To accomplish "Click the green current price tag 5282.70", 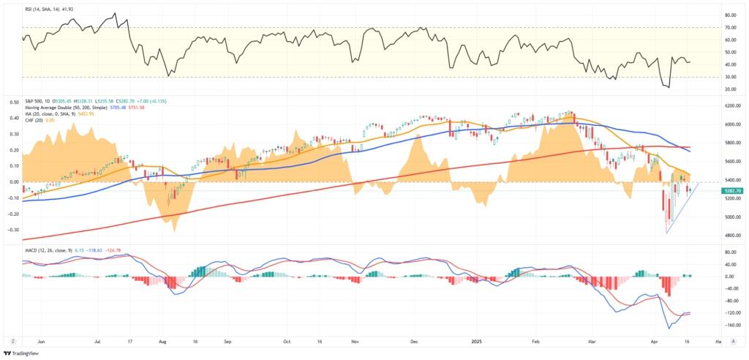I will pyautogui.click(x=732, y=190).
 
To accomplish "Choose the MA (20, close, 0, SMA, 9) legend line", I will pyautogui.click(x=55, y=113).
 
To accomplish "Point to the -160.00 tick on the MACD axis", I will pyautogui.click(x=729, y=325).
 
